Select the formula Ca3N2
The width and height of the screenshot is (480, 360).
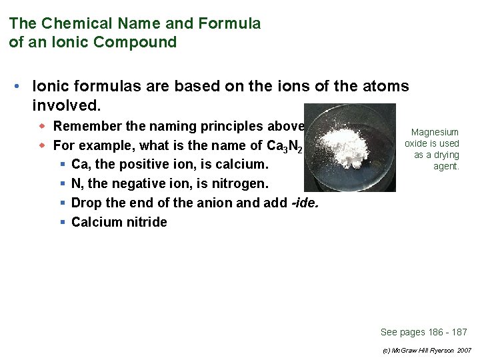point(280,146)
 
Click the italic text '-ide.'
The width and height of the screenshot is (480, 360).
point(305,203)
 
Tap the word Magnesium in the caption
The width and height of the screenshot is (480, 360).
point(435,133)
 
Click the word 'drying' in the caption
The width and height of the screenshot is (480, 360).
point(445,155)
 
